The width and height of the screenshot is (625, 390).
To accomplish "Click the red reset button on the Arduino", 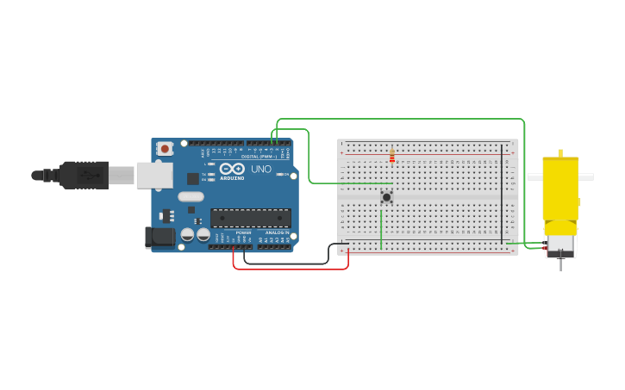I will pyautogui.click(x=165, y=148).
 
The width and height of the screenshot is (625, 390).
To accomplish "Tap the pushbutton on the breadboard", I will pyautogui.click(x=386, y=197).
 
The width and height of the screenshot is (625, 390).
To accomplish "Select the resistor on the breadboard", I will pyautogui.click(x=391, y=156).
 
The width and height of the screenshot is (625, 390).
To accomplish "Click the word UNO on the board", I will pyautogui.click(x=261, y=170).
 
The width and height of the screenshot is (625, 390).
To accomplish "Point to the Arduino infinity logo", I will pyautogui.click(x=232, y=169).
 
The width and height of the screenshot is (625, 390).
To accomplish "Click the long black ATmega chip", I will pyautogui.click(x=250, y=218).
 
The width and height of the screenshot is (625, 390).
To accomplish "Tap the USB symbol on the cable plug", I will pyautogui.click(x=86, y=175).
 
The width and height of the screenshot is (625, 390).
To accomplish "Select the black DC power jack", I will pyautogui.click(x=159, y=237).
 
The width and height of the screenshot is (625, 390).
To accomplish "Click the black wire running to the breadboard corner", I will pyautogui.click(x=284, y=263).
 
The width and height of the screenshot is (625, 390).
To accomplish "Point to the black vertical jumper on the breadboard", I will pyautogui.click(x=502, y=194).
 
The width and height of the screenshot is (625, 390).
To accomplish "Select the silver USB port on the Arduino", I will pyautogui.click(x=153, y=176).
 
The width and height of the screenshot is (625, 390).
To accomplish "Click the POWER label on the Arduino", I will pyautogui.click(x=220, y=232).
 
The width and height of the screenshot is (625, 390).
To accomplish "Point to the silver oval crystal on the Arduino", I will pyautogui.click(x=191, y=196).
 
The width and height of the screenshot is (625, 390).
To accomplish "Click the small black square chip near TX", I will pyautogui.click(x=193, y=178).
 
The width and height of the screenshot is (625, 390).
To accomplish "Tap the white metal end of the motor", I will pyautogui.click(x=560, y=245).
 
